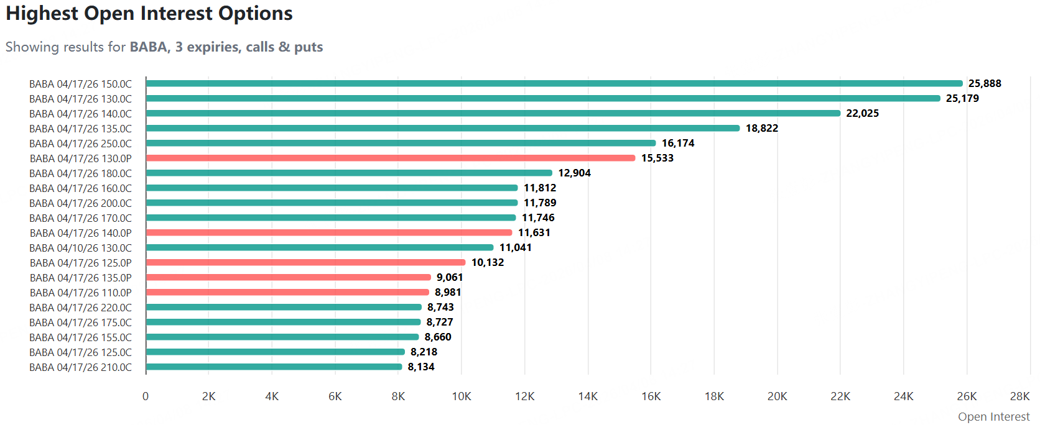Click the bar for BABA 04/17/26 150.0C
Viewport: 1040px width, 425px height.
[554, 83]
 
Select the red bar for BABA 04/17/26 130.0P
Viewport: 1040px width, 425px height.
[391, 158]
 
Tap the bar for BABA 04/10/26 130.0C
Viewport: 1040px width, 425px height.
[320, 247]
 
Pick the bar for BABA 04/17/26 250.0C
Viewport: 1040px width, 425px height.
[401, 143]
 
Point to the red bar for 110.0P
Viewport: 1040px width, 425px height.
[287, 292]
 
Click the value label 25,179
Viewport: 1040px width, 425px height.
[962, 98]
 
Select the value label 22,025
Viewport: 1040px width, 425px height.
[862, 113]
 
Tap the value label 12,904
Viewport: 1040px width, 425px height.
[574, 173]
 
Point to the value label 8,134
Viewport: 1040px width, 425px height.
[421, 367]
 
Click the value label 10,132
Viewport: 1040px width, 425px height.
[488, 262]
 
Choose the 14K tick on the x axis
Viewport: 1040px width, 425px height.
[588, 396]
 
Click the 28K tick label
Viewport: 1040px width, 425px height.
[1019, 396]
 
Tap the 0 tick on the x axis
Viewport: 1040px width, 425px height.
[146, 396]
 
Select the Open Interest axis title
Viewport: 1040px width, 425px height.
[993, 416]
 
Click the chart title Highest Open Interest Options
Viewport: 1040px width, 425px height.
[149, 14]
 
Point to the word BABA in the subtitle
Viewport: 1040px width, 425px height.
[149, 47]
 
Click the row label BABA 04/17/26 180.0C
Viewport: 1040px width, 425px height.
[80, 173]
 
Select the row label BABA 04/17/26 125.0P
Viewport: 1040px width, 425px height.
[80, 263]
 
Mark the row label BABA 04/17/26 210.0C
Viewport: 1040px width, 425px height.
[80, 367]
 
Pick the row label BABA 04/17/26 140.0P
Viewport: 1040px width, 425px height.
[80, 233]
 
